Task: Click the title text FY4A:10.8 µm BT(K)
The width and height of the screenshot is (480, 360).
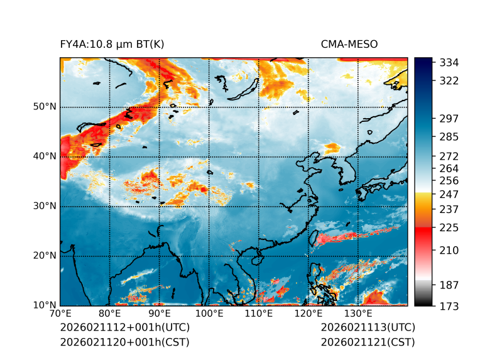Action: (112, 45)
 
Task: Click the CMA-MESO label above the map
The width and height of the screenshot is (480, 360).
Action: (349, 45)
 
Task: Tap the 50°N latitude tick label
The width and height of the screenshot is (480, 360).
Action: (45, 107)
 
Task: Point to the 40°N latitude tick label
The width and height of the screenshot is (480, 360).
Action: (45, 156)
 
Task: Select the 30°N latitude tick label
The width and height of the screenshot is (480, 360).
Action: (45, 206)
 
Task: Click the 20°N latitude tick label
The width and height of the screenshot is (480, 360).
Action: (45, 256)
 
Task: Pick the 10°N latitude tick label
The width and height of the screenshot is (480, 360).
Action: (45, 305)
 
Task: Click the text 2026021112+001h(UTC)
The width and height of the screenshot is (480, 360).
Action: (124, 327)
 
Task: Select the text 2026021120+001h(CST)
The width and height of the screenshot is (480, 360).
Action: (124, 342)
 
